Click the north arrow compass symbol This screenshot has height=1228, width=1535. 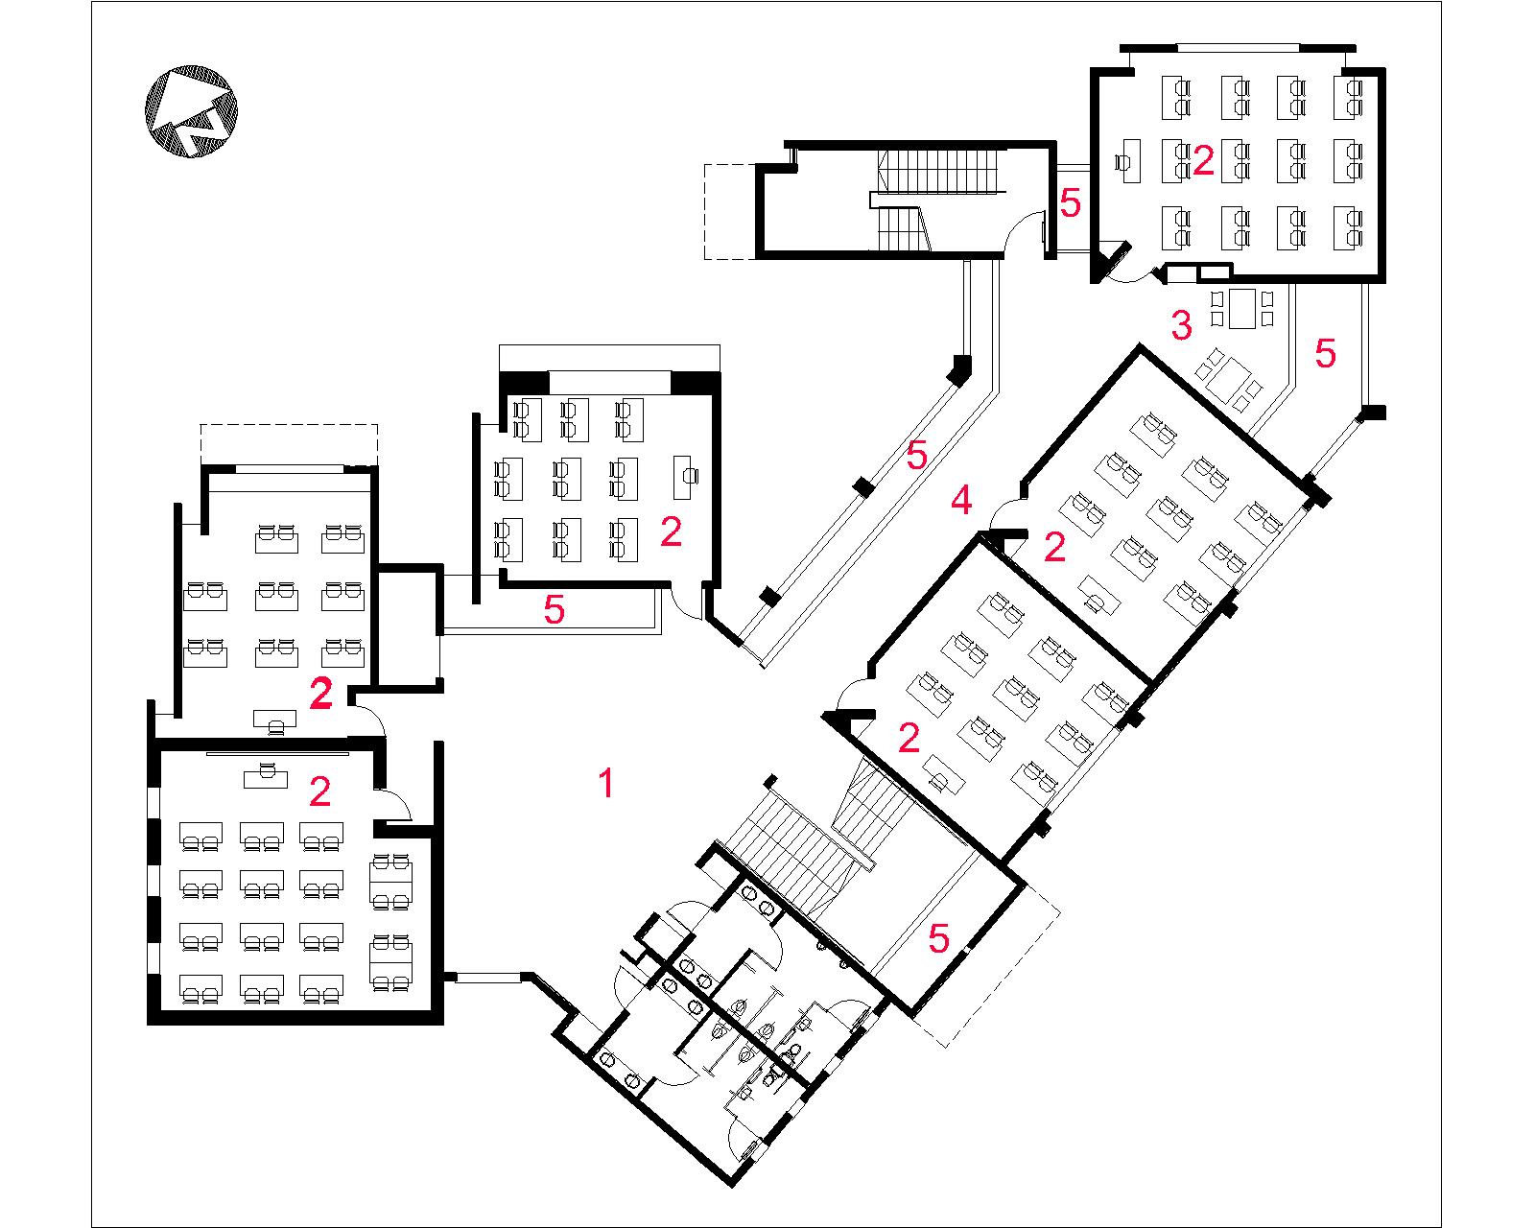pyautogui.click(x=191, y=111)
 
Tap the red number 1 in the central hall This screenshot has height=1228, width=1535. pyautogui.click(x=606, y=783)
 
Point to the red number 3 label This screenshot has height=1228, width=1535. pyautogui.click(x=1181, y=325)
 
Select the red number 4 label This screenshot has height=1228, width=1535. pyautogui.click(x=961, y=500)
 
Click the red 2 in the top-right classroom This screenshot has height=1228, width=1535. pyautogui.click(x=1203, y=160)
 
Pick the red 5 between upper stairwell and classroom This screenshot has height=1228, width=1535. pyautogui.click(x=1071, y=202)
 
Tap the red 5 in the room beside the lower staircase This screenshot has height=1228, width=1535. pyautogui.click(x=938, y=938)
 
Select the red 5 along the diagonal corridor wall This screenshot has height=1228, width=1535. pyautogui.click(x=916, y=455)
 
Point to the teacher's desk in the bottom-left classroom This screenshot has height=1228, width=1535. pyautogui.click(x=266, y=775)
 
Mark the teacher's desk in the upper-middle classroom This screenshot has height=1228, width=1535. pyautogui.click(x=686, y=477)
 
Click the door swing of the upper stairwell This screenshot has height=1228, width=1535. pyautogui.click(x=1021, y=231)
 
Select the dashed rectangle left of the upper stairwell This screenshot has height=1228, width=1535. pyautogui.click(x=730, y=212)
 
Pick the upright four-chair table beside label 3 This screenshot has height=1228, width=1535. pyautogui.click(x=1241, y=308)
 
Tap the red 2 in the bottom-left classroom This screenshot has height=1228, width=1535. pyautogui.click(x=319, y=792)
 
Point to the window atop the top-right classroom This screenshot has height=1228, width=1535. pyautogui.click(x=1238, y=48)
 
